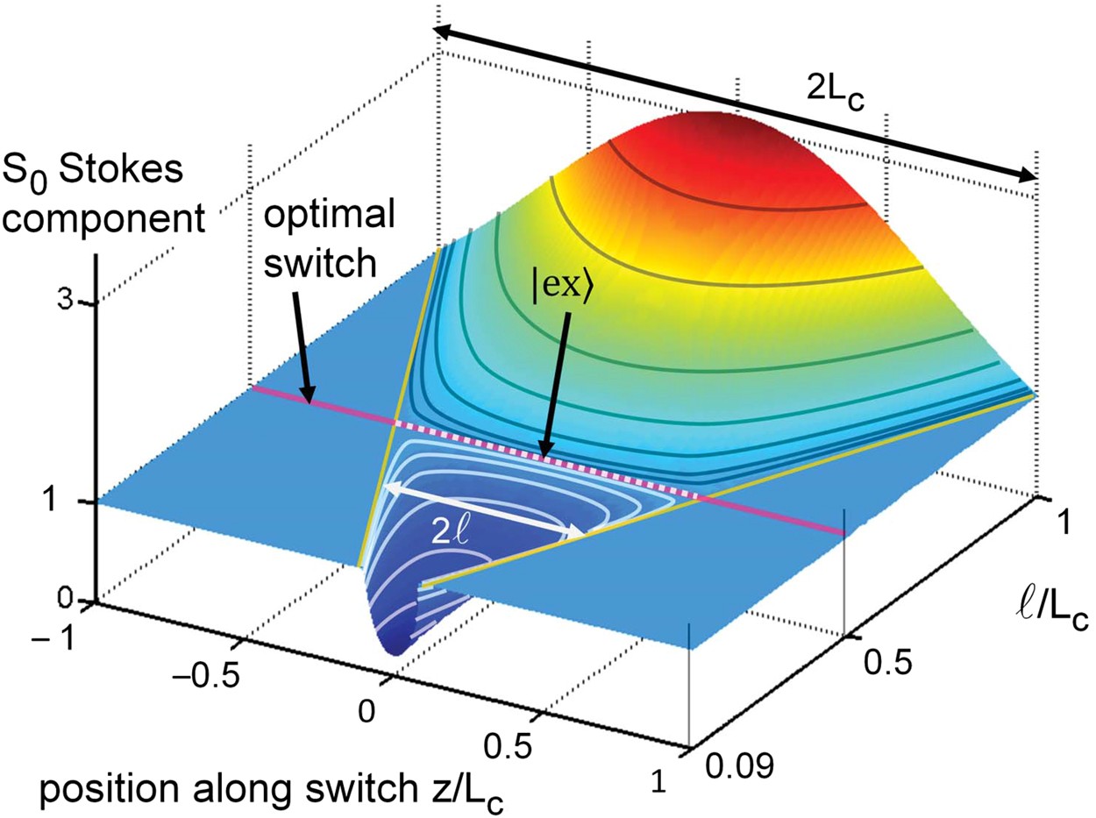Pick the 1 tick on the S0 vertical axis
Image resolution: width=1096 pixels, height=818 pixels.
75,501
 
